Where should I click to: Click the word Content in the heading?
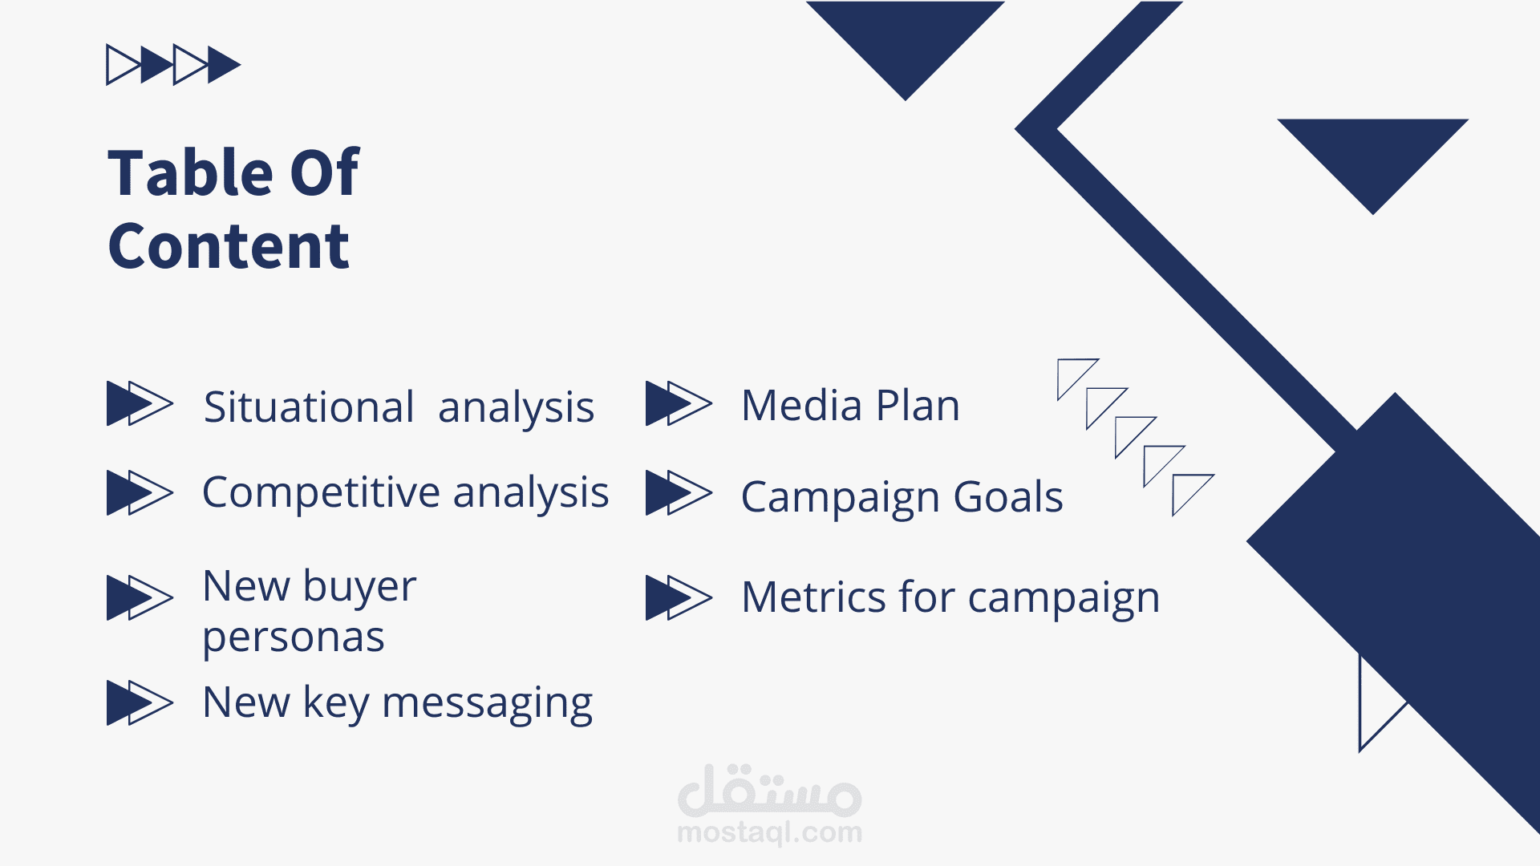(229, 246)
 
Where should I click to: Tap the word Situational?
(309, 407)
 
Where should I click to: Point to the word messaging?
(487, 704)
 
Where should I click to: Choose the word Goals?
(1008, 497)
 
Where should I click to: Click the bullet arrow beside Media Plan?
(679, 403)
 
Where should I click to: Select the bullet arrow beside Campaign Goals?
(679, 493)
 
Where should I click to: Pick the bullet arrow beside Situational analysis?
(140, 403)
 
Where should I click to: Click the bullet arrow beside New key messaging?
(140, 703)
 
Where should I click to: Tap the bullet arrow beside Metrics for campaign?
(679, 598)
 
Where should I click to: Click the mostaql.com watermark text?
(770, 832)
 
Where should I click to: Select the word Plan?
(918, 405)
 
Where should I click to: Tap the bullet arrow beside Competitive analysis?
(140, 493)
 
